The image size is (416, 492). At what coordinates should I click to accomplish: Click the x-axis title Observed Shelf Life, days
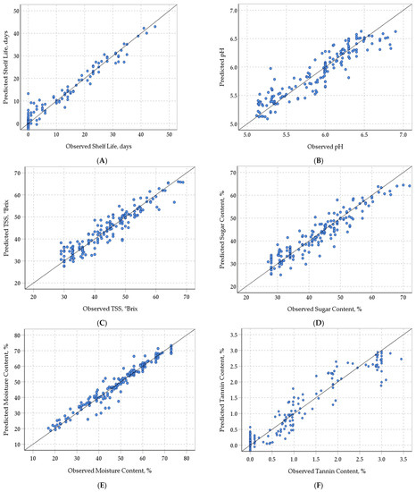(x=104, y=143)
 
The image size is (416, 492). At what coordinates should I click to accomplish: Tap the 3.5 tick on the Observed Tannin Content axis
(x=401, y=457)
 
